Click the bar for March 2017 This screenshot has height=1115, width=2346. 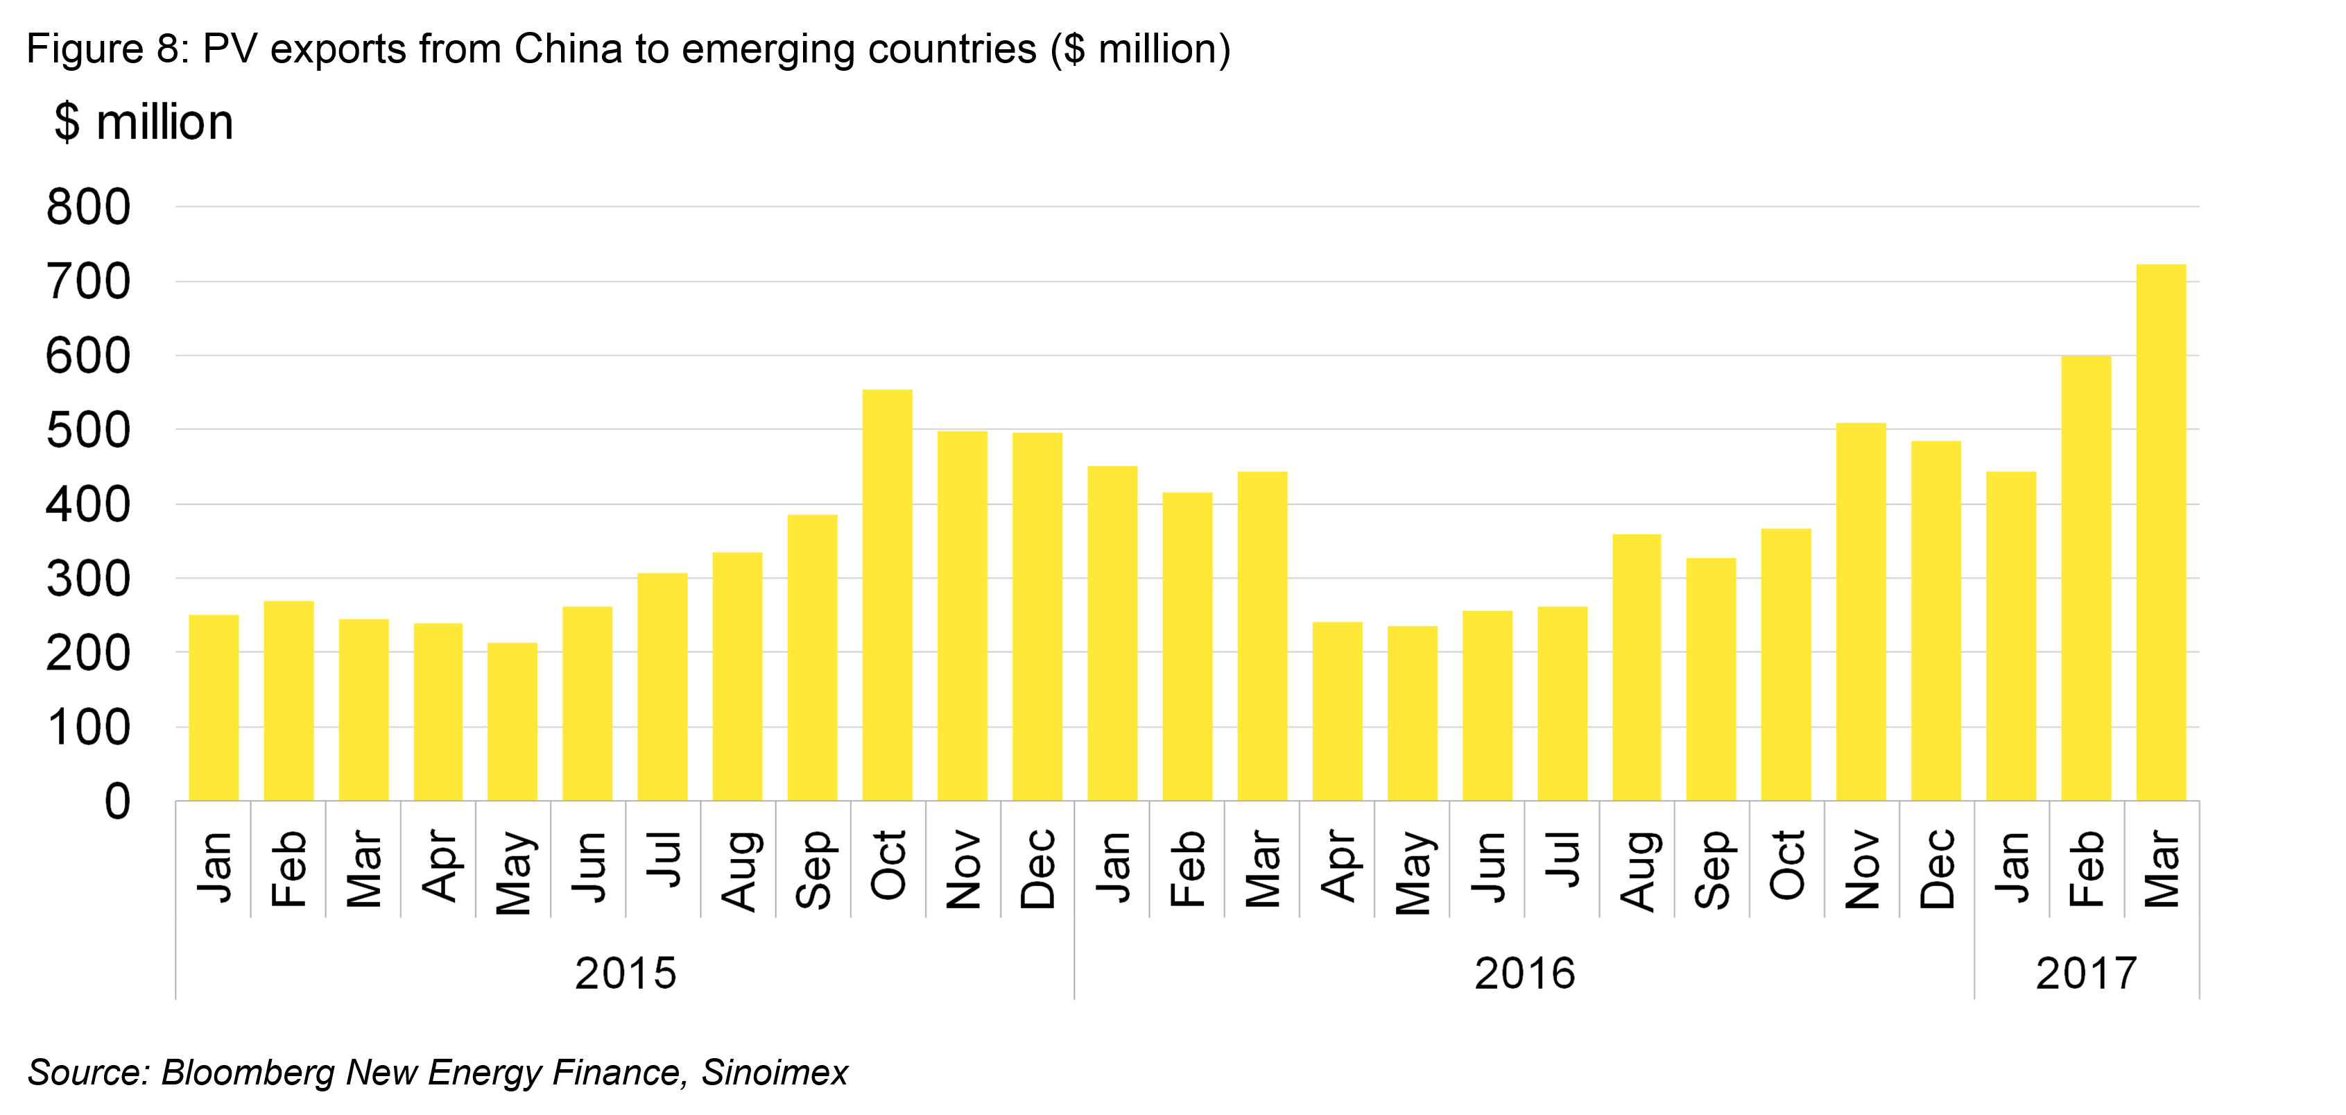(x=2161, y=533)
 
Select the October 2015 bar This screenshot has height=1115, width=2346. (x=887, y=596)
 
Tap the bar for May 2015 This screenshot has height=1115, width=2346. (x=512, y=722)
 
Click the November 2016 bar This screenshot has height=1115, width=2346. (x=1861, y=612)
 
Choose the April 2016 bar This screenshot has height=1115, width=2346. (x=1337, y=711)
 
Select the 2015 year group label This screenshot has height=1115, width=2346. (x=626, y=973)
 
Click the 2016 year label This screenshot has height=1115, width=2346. (x=1524, y=973)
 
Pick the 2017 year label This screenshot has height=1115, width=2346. (x=2085, y=973)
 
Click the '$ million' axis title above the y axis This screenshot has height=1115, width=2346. (x=144, y=122)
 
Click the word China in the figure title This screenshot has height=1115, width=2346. (x=567, y=49)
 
